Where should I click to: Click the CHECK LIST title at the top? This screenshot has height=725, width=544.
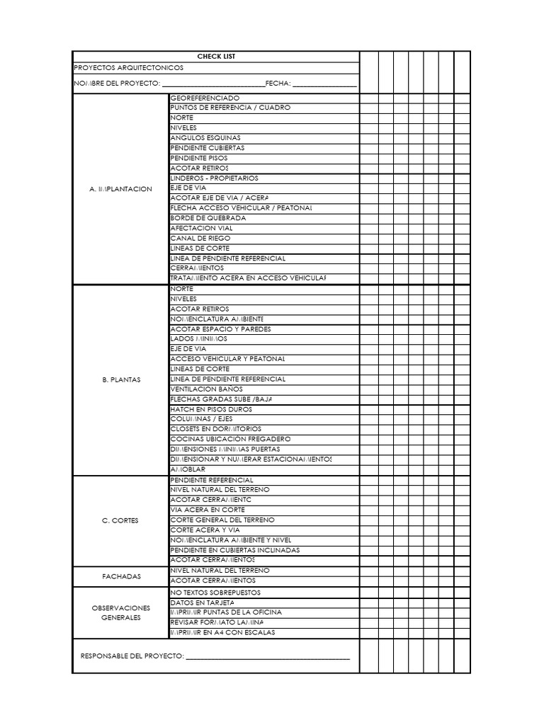216,57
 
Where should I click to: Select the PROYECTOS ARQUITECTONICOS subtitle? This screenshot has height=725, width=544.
128,68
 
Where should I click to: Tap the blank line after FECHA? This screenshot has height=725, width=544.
324,85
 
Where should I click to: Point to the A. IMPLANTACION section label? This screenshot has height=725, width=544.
120,189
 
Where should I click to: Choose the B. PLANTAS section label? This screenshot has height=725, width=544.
120,379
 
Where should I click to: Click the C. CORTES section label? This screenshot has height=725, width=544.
120,520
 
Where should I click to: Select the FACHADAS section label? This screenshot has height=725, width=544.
120,576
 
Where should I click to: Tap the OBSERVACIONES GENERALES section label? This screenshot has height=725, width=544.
120,612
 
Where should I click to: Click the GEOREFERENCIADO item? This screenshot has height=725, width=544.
205,98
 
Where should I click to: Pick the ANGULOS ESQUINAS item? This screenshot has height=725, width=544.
205,138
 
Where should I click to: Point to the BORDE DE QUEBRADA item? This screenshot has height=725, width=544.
208,219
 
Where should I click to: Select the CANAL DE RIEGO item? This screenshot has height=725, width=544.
200,239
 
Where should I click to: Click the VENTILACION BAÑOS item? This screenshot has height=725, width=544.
206,389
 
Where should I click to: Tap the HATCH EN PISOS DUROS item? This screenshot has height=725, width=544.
211,409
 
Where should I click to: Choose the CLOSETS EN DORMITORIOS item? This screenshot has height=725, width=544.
215,429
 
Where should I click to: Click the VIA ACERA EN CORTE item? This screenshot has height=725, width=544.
208,510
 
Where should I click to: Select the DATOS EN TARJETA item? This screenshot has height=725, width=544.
202,603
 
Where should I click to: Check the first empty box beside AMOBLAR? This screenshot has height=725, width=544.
369,469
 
